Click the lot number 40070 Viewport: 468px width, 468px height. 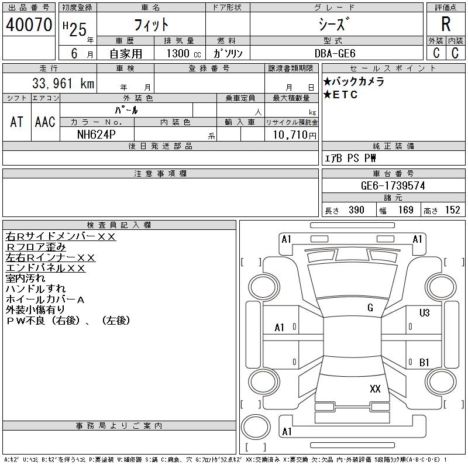pyautogui.click(x=29, y=25)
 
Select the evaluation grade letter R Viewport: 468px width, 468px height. pyautogui.click(x=446, y=25)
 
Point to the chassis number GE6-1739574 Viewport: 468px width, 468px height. pyautogui.click(x=393, y=185)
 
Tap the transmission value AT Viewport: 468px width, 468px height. pyautogui.click(x=17, y=121)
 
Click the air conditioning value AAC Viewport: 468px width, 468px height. pyautogui.click(x=45, y=121)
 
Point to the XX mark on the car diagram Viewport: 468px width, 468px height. pyautogui.click(x=375, y=388)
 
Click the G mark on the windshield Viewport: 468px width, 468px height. pyautogui.click(x=370, y=308)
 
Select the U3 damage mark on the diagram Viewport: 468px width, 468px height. pyautogui.click(x=424, y=312)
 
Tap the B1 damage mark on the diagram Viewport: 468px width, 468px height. pyautogui.click(x=424, y=363)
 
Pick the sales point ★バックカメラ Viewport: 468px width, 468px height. pyautogui.click(x=353, y=82)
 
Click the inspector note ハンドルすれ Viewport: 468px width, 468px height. pyautogui.click(x=36, y=289)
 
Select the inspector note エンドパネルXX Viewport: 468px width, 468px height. pyautogui.click(x=45, y=268)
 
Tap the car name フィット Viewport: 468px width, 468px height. pyautogui.click(x=151, y=25)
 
